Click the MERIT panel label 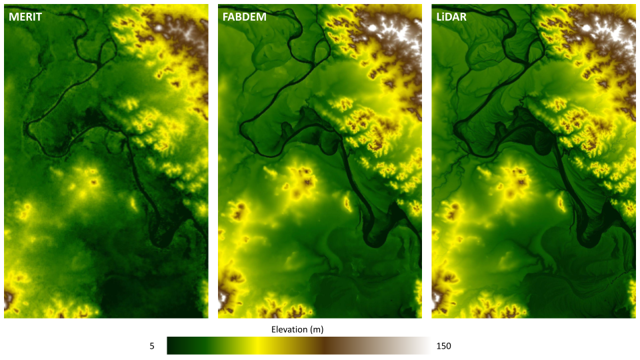[x=25, y=17]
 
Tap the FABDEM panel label [x=244, y=17]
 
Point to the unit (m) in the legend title [x=317, y=329]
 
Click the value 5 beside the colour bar [x=152, y=346]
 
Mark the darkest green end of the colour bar [x=171, y=345]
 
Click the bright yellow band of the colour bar [x=257, y=345]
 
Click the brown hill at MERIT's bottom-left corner [x=9, y=299]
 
